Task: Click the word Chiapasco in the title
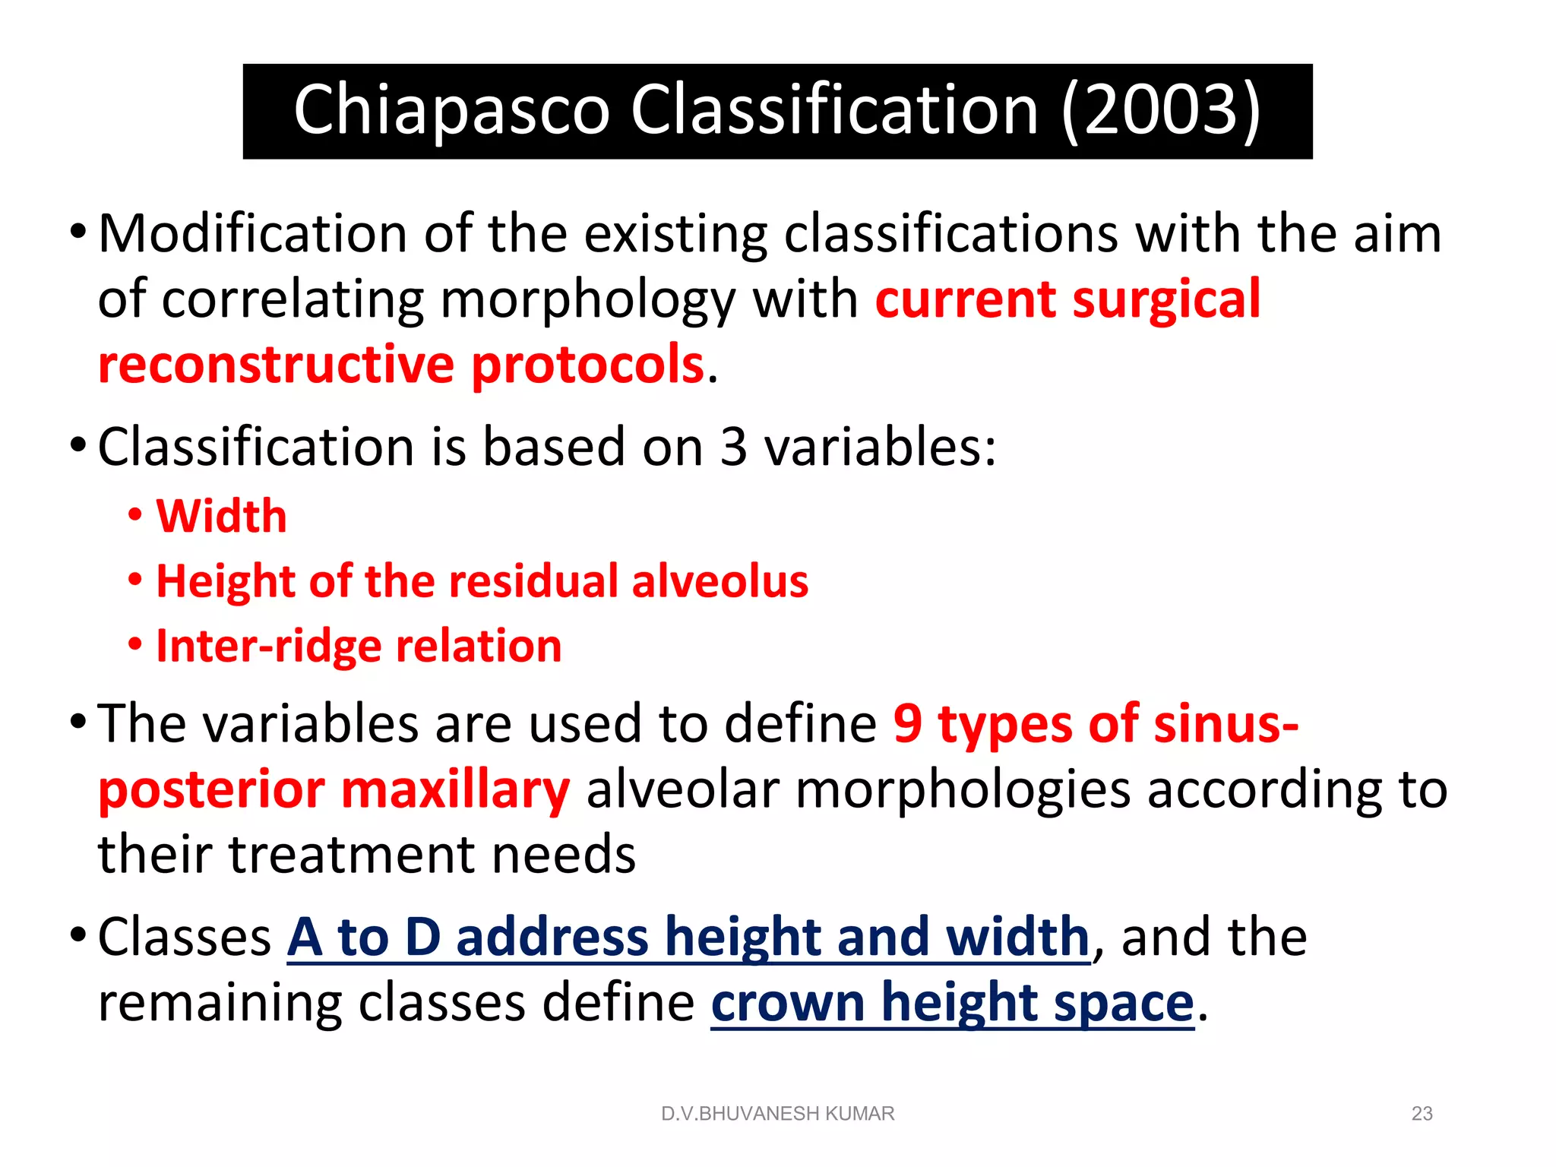(x=451, y=111)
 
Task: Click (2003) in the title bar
(x=1161, y=111)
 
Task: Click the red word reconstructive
(x=276, y=365)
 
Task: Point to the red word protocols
(x=587, y=365)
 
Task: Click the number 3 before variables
(x=733, y=447)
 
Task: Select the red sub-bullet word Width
(x=221, y=517)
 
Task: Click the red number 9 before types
(x=907, y=723)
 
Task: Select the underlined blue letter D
(x=422, y=937)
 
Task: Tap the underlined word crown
(x=787, y=1003)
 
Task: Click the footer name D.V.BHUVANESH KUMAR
(x=777, y=1114)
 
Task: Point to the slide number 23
(x=1422, y=1114)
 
